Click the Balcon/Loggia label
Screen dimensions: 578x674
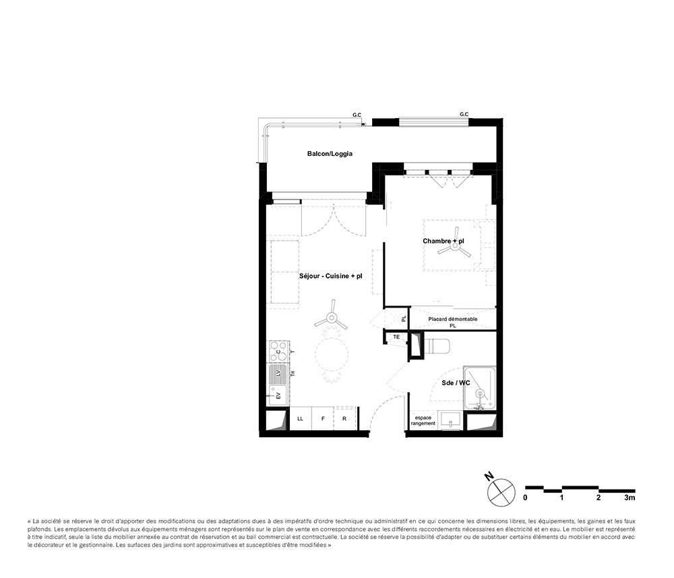pos(330,154)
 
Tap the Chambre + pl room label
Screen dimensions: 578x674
pos(443,241)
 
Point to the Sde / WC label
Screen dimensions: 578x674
pos(456,382)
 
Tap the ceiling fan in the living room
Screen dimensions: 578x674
pos(332,320)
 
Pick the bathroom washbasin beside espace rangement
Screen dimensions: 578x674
pos(450,419)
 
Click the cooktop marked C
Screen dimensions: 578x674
pos(278,351)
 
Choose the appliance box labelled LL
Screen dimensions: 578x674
pos(300,419)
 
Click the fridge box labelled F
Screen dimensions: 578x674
pos(323,419)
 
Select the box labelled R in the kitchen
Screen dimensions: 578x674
pos(344,419)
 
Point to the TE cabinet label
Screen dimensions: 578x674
pos(397,337)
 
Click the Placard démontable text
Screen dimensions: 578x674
pos(453,319)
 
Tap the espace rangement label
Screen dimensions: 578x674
pos(423,420)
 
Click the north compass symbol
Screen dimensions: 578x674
pos(501,489)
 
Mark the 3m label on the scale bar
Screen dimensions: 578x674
pos(630,498)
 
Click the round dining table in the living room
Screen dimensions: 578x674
pos(332,354)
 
